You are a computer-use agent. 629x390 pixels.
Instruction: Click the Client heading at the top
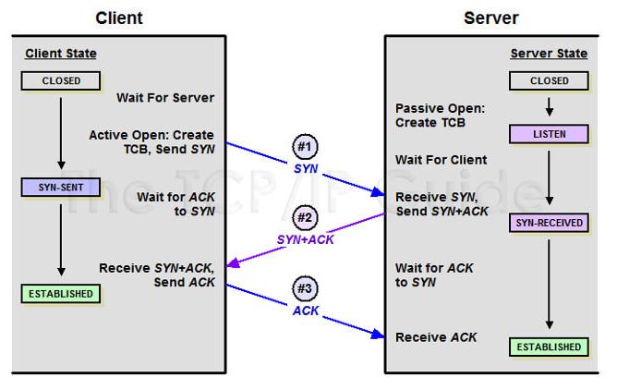click(119, 18)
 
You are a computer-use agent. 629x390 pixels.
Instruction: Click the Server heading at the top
click(490, 18)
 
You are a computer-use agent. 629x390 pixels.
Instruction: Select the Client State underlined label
click(60, 54)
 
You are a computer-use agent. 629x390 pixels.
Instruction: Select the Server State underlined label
click(549, 54)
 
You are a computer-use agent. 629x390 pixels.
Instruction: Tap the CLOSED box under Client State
click(61, 81)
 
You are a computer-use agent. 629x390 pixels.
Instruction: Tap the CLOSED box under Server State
click(549, 81)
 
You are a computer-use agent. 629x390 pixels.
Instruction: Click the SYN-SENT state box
click(61, 188)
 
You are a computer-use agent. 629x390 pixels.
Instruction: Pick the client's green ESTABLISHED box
click(61, 294)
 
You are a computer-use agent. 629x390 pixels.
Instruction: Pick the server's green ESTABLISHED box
click(549, 347)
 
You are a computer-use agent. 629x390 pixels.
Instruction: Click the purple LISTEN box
click(549, 135)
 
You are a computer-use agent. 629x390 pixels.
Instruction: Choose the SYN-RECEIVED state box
click(549, 223)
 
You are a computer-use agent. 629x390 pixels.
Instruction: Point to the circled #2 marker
click(305, 218)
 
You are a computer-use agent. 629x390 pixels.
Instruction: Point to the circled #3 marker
click(305, 288)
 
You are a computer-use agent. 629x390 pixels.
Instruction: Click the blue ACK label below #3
click(306, 311)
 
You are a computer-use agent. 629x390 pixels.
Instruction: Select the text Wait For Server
click(164, 98)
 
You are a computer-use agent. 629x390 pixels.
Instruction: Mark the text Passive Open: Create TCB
click(440, 116)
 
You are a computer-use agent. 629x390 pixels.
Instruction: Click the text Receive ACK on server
click(436, 337)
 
